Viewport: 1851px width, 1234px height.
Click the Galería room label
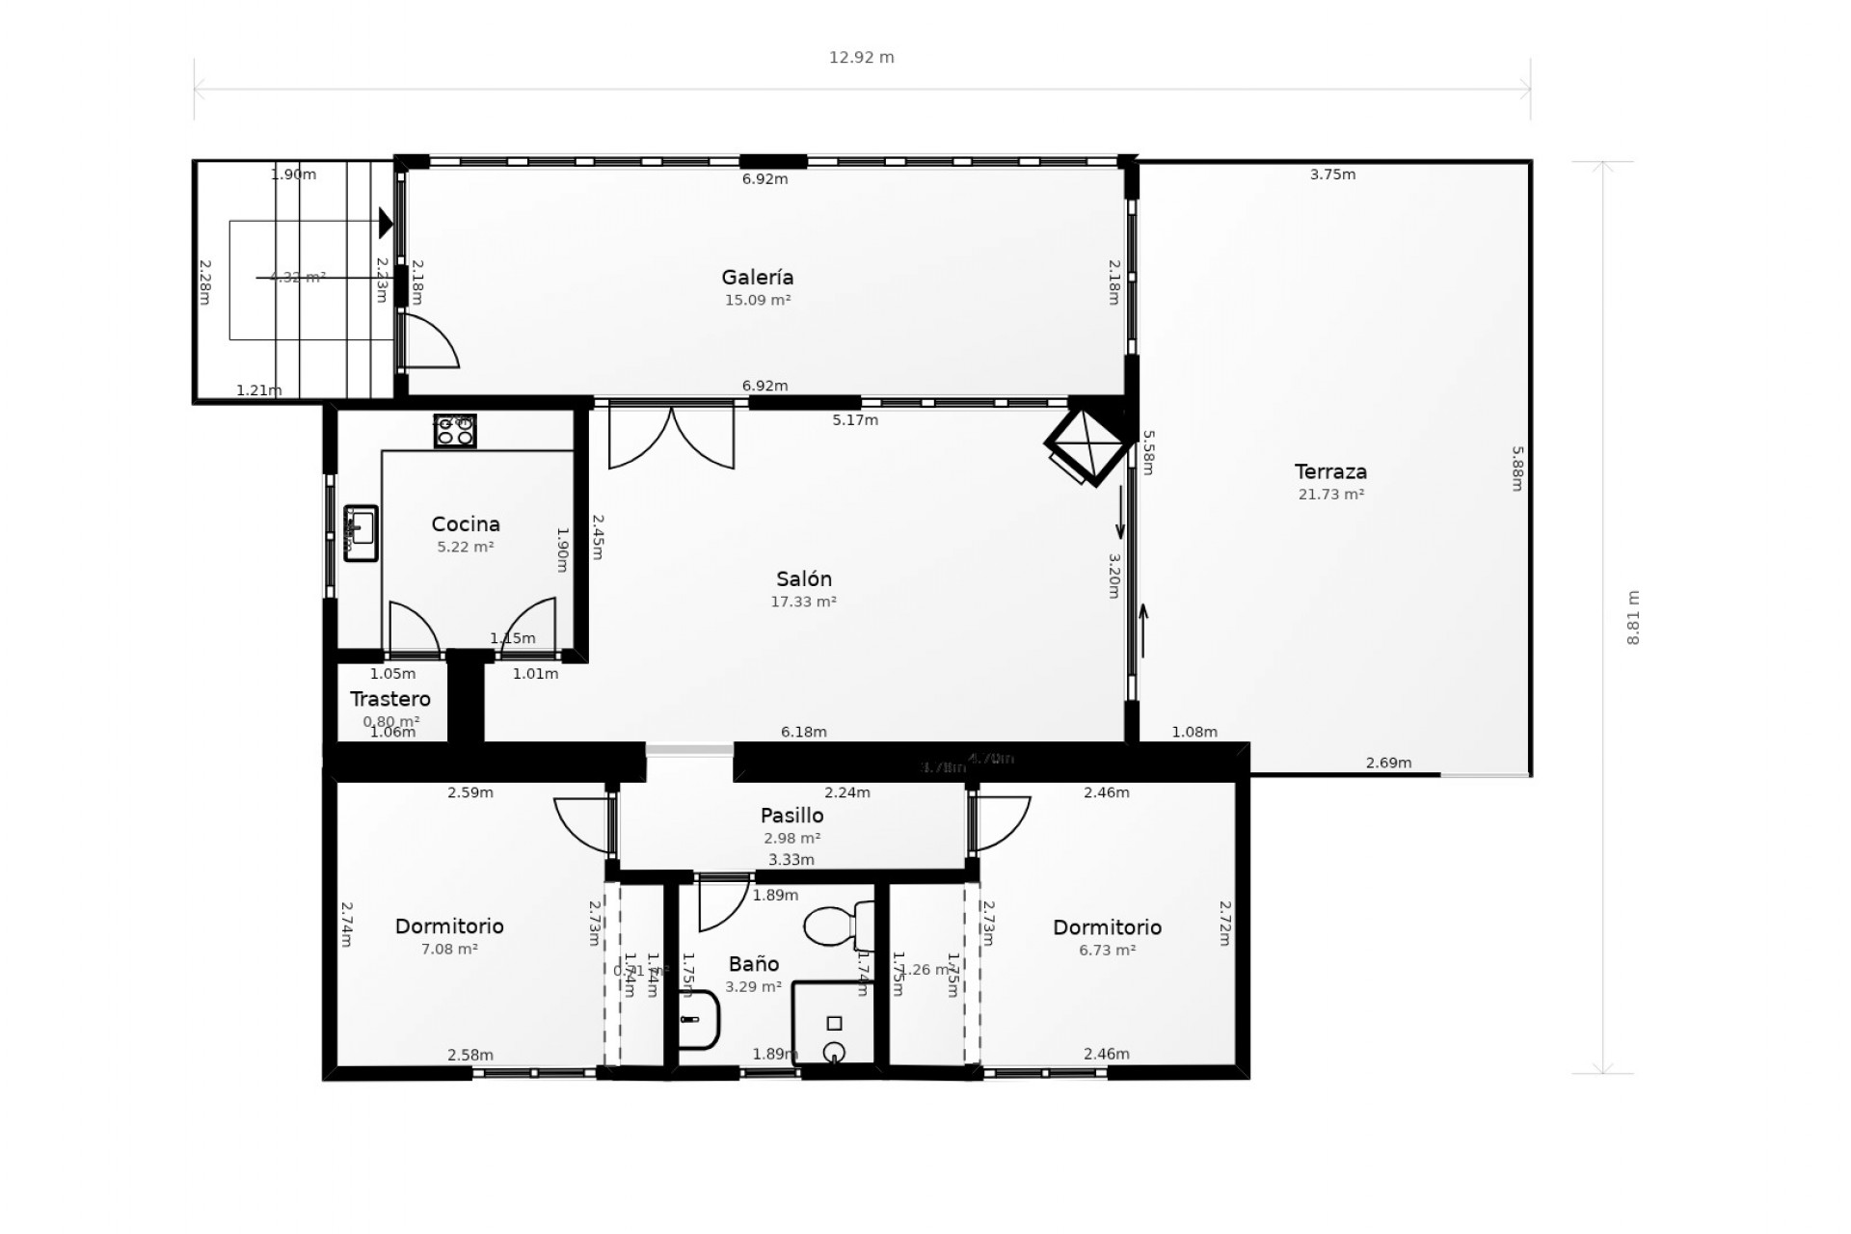point(758,278)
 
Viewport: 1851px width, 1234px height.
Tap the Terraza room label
point(1330,472)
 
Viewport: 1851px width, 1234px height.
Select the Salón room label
point(803,579)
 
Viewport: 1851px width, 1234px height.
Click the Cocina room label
point(466,524)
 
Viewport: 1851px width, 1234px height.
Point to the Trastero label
point(389,700)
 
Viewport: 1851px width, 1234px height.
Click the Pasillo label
point(791,817)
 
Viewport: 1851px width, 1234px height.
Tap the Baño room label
point(753,964)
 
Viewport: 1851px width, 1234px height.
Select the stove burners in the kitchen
point(455,431)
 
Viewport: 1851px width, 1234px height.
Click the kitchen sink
point(362,532)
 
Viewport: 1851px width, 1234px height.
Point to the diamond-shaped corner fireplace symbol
point(1087,443)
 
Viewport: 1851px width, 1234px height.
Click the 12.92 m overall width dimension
point(861,58)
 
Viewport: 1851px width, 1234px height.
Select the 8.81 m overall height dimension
point(1632,617)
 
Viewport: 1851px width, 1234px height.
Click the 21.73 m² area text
point(1330,495)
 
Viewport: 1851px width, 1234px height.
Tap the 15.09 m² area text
point(758,300)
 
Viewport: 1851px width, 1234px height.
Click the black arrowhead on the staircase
point(386,223)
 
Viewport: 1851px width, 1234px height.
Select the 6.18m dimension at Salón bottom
point(803,732)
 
